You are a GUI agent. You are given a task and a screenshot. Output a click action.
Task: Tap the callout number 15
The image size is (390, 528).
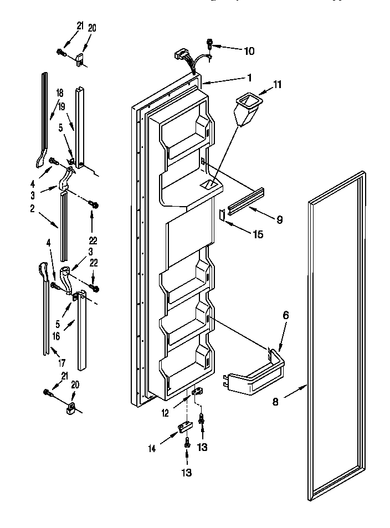pyautogui.click(x=258, y=234)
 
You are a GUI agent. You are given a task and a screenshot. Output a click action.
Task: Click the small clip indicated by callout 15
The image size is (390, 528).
pyautogui.click(x=222, y=214)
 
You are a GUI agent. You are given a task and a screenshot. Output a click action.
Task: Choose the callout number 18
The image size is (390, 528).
pyautogui.click(x=59, y=93)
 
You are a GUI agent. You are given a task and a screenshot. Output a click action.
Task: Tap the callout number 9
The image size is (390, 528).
pyautogui.click(x=279, y=220)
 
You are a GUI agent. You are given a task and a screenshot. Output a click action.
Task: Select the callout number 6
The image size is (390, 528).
pyautogui.click(x=286, y=315)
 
